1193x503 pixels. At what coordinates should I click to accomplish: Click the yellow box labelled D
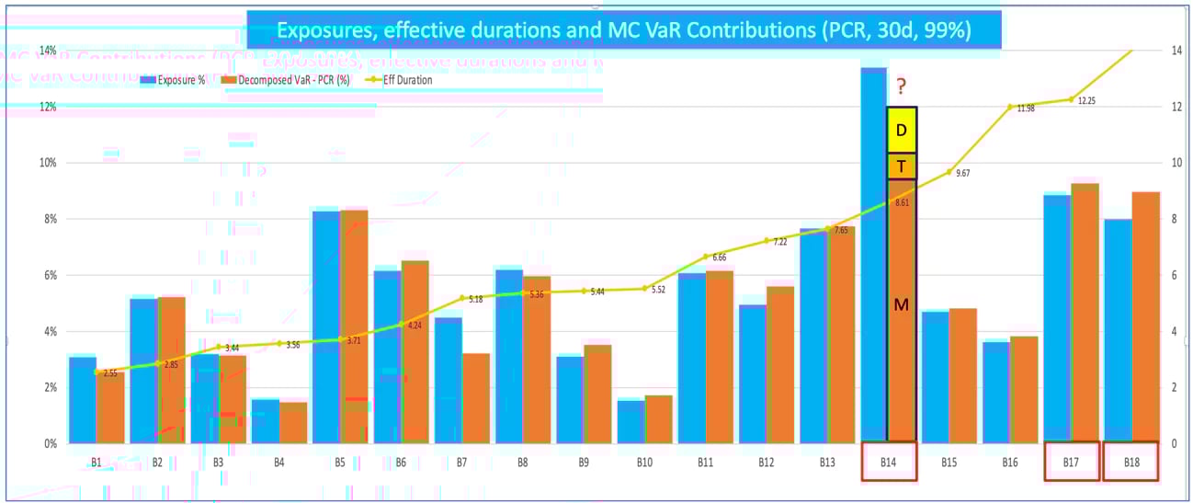901,131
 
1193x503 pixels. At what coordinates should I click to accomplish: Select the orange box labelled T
901,166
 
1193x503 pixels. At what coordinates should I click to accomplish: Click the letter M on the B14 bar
901,304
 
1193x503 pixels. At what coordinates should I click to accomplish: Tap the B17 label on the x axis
1072,462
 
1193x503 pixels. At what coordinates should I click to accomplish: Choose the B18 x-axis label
1131,462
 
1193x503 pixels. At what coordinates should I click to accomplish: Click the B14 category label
888,462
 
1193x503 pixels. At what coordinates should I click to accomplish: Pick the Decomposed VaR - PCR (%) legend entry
280,80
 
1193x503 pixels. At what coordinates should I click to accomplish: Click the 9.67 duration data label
963,173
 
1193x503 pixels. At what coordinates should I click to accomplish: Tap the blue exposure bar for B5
326,326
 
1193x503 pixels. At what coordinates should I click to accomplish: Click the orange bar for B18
1145,317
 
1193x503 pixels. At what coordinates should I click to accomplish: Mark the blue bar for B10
631,421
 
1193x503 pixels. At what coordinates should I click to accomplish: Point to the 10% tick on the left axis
45,163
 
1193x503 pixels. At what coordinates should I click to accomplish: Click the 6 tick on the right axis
1176,275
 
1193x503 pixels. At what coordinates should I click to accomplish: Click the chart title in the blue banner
623,30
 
